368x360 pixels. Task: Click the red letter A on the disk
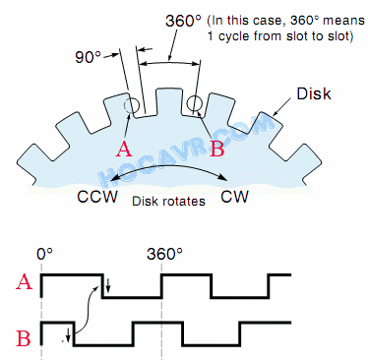point(124,150)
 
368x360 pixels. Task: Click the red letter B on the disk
point(217,150)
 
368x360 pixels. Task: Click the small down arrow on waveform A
point(109,286)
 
